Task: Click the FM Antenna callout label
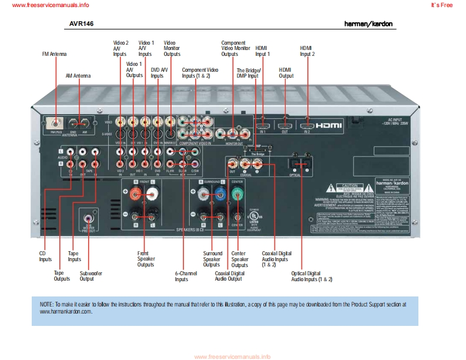coord(54,54)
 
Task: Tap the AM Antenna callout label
coord(78,75)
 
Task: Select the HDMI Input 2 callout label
coord(307,51)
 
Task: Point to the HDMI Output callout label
coord(286,72)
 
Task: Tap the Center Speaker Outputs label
coord(239,259)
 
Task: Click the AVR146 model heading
coord(82,24)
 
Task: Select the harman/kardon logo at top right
coord(368,24)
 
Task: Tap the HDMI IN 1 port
coord(263,125)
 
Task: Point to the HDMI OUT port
coord(285,125)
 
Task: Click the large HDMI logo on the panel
coord(333,125)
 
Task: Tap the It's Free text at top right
coord(442,5)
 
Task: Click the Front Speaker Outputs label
coord(146,259)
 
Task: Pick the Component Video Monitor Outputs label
coord(233,48)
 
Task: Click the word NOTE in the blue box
coord(46,304)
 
